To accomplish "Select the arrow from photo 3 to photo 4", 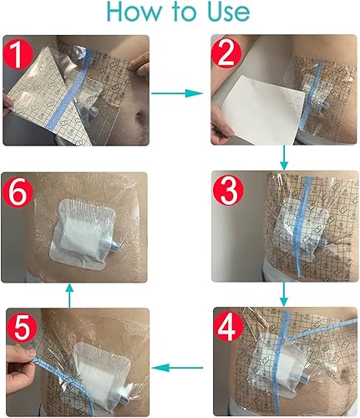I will pyautogui.click(x=284, y=292).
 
